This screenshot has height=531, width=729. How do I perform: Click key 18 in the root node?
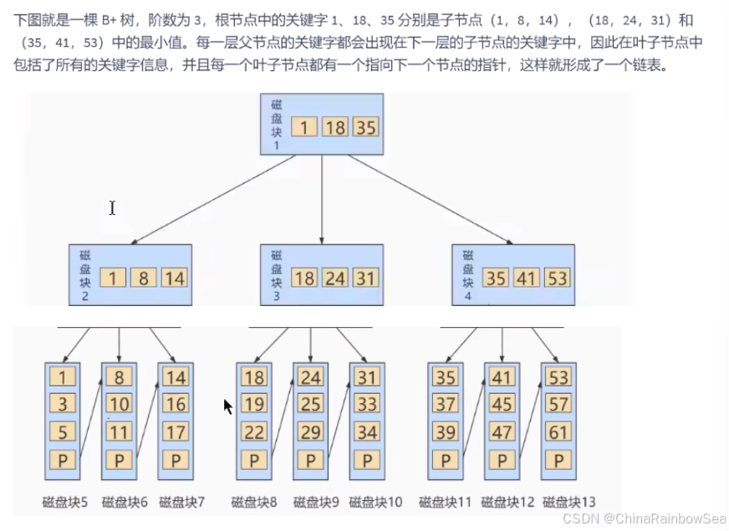coord(335,127)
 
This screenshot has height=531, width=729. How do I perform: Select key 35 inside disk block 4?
coord(496,277)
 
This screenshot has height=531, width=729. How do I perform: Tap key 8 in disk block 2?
coord(143,277)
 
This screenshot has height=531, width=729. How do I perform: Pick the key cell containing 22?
coord(254,432)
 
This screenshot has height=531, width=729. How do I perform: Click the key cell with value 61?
coord(558,432)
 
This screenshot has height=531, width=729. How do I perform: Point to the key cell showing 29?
coord(310,432)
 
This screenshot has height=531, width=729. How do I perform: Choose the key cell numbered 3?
coord(62,405)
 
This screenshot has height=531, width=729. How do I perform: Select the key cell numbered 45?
coord(502,405)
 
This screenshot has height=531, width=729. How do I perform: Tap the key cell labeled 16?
coord(175,405)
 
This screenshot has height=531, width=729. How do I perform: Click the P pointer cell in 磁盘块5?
coord(62,460)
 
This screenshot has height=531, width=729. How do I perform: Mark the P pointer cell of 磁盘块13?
coord(558,460)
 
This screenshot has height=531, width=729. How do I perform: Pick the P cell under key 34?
coord(365,460)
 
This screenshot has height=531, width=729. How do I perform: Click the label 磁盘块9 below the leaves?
coord(315,502)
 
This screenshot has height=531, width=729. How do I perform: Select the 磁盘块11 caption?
coord(445,502)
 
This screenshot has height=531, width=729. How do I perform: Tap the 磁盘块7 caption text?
coord(182,502)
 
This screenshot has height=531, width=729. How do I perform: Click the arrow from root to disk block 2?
coord(209,200)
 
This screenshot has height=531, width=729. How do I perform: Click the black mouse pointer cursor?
coord(227,406)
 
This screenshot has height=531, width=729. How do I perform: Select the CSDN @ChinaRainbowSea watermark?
coord(643,519)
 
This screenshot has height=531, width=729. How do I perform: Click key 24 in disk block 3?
coord(335,277)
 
